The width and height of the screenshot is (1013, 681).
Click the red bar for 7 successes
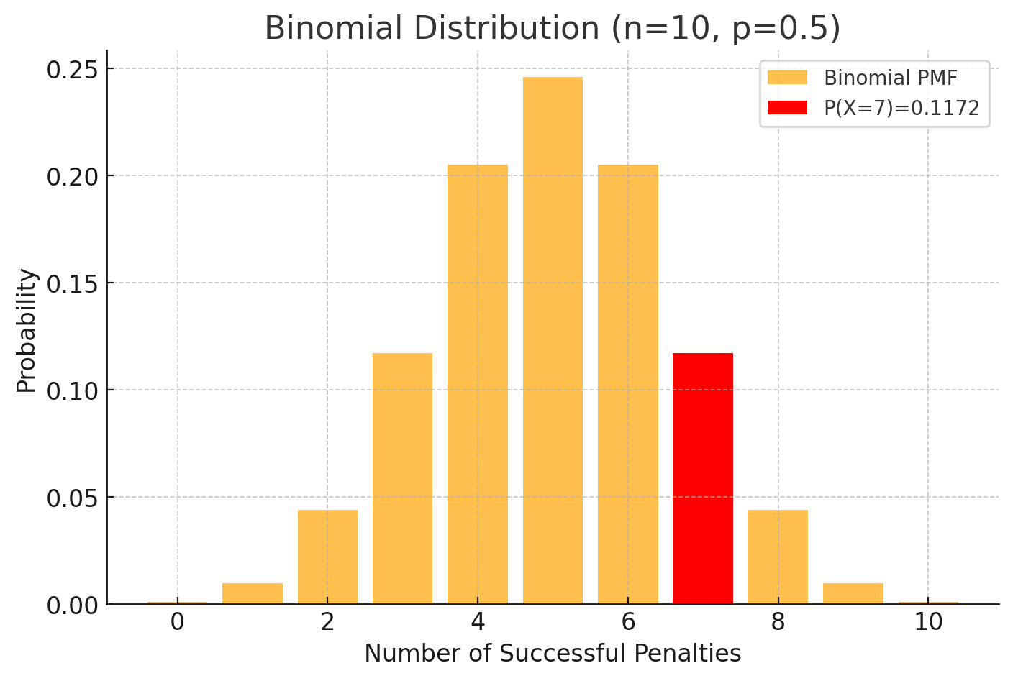pyautogui.click(x=702, y=478)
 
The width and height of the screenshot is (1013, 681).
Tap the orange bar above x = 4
pyautogui.click(x=477, y=384)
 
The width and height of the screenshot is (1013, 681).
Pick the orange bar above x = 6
pyautogui.click(x=627, y=384)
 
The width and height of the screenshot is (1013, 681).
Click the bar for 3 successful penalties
pyautogui.click(x=402, y=478)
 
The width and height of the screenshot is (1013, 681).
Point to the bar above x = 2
pyautogui.click(x=327, y=557)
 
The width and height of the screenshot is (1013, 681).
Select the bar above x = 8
pyautogui.click(x=778, y=557)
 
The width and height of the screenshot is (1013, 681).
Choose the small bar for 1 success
pyautogui.click(x=253, y=593)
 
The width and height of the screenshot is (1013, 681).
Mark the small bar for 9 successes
pyautogui.click(x=853, y=593)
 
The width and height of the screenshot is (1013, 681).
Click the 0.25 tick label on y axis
pyautogui.click(x=71, y=70)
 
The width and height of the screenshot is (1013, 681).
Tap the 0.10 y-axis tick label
pyautogui.click(x=71, y=390)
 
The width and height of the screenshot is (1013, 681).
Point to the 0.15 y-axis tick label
pyautogui.click(x=71, y=283)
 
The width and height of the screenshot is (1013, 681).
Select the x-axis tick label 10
pyautogui.click(x=928, y=622)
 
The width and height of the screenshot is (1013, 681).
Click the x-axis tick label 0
pyautogui.click(x=177, y=622)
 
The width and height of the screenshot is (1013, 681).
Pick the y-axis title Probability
pyautogui.click(x=27, y=330)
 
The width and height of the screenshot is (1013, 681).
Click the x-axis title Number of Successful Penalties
pyautogui.click(x=553, y=654)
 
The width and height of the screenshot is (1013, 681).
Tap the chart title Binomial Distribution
pyautogui.click(x=553, y=28)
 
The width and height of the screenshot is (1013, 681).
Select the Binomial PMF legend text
pyautogui.click(x=890, y=78)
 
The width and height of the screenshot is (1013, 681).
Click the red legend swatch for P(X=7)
pyautogui.click(x=787, y=108)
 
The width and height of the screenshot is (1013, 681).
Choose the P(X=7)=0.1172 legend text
pyautogui.click(x=901, y=108)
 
